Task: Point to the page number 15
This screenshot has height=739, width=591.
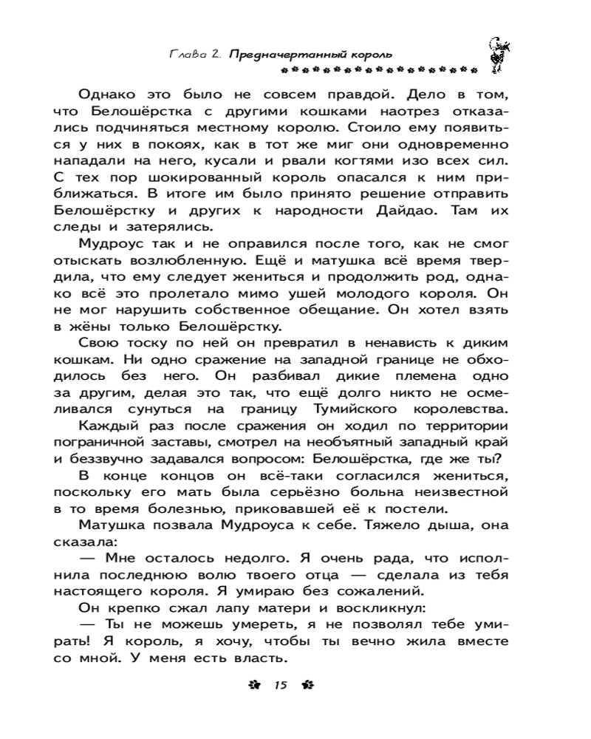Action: [x=279, y=685]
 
